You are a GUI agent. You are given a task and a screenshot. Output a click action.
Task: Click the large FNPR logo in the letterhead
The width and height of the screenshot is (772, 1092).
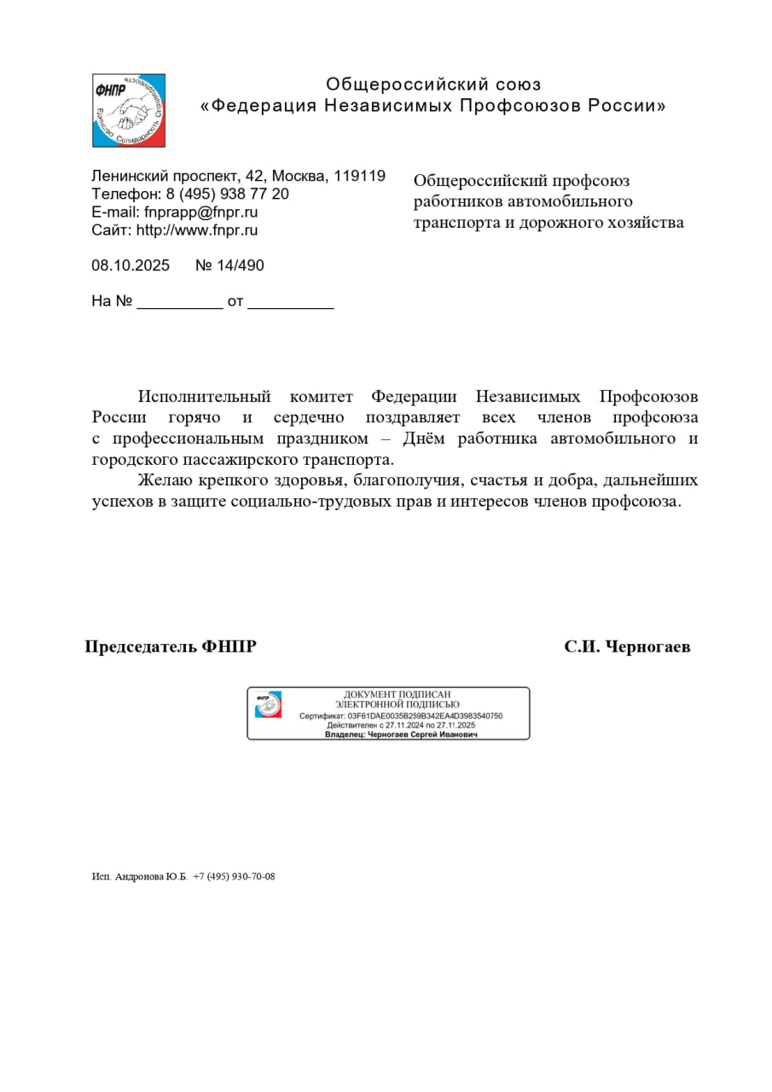(x=129, y=110)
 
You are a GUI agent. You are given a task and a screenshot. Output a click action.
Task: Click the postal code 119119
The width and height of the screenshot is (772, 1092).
(x=359, y=176)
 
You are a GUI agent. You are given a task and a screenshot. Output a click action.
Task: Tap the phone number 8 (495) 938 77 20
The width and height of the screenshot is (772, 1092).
(x=227, y=194)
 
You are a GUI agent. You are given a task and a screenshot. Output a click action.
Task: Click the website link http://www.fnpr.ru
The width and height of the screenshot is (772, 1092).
(x=197, y=229)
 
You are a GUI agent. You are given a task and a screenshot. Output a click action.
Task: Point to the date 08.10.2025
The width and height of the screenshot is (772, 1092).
(x=131, y=265)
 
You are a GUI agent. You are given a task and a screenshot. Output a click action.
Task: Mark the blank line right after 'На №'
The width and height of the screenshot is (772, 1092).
(x=179, y=303)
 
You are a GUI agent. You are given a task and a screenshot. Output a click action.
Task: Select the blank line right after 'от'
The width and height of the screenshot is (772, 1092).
(x=290, y=303)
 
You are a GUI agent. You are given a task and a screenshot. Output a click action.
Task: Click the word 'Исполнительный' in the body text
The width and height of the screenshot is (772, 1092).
(x=204, y=397)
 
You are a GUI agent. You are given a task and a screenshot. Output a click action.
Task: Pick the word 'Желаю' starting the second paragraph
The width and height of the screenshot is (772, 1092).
(x=164, y=480)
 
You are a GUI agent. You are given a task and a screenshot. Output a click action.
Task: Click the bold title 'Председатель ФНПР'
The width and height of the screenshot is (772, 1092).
(x=171, y=647)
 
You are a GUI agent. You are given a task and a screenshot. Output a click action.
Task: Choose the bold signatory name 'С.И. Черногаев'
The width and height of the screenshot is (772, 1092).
(x=627, y=647)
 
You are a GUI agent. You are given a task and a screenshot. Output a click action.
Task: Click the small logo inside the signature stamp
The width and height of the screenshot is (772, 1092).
(x=268, y=705)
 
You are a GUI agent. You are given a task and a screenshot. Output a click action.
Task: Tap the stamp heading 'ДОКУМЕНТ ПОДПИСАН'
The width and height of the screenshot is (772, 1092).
(x=397, y=694)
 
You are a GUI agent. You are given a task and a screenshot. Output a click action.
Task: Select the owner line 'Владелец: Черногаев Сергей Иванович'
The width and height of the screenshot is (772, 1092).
(x=401, y=734)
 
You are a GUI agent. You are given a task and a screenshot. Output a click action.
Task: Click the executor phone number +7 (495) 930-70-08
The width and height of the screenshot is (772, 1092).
(x=234, y=876)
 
